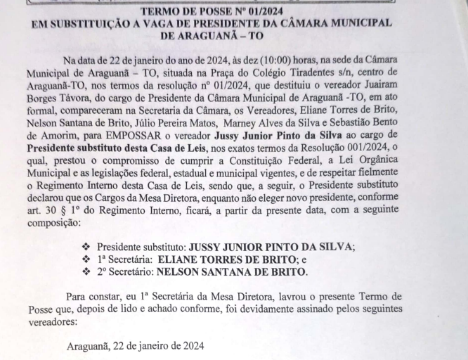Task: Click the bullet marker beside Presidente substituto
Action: click(86, 247)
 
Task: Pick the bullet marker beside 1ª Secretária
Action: click(86, 259)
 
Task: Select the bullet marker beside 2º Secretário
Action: click(86, 272)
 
